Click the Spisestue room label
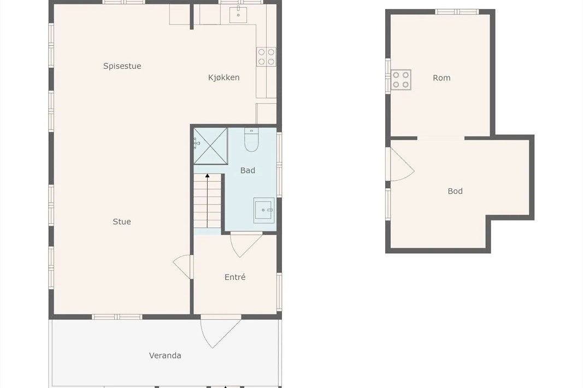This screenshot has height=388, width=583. [122, 66]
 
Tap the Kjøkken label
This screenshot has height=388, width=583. [223, 77]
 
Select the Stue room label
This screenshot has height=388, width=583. [122, 222]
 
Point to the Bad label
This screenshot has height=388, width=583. [248, 170]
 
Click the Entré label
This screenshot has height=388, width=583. [235, 277]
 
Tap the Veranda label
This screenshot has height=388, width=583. [165, 355]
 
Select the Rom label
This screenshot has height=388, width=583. [441, 78]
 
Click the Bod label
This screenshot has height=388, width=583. [455, 191]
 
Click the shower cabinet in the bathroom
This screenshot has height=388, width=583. [210, 146]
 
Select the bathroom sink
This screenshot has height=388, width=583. [264, 210]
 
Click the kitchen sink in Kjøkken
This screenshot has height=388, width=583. [238, 14]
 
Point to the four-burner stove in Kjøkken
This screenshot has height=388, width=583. [266, 57]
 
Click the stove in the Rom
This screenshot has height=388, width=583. [401, 80]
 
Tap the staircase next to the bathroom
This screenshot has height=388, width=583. [208, 202]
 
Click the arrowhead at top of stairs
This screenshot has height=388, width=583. [208, 176]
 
